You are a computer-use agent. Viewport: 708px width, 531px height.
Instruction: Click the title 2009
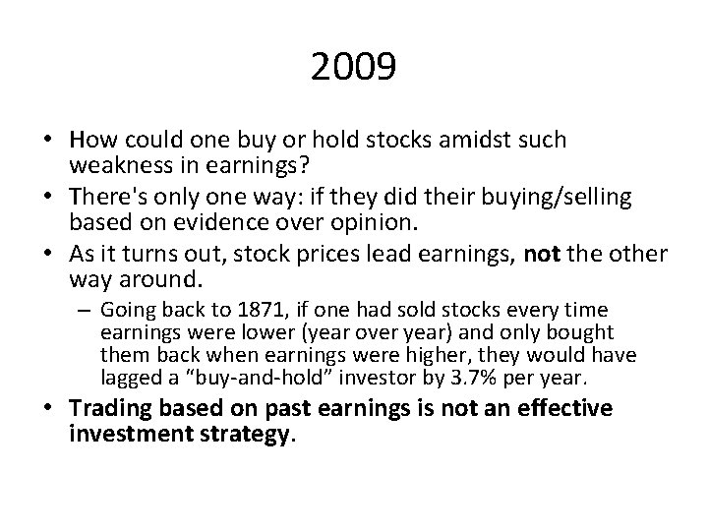click(353, 68)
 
